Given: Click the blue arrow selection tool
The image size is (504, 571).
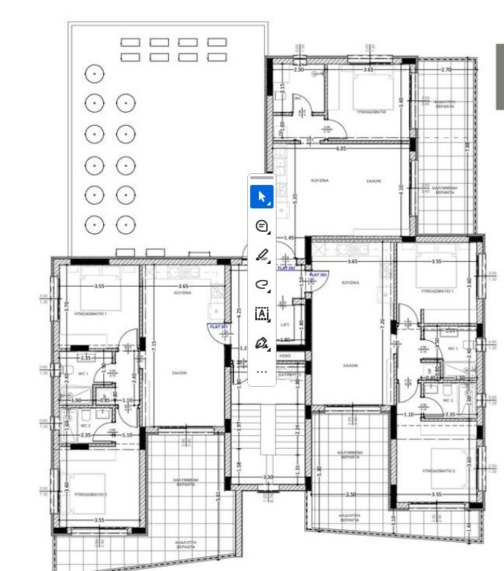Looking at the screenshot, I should point(262,197).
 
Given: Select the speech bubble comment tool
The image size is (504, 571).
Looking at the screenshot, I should point(262,226).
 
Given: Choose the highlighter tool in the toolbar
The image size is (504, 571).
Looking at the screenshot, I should point(262,255).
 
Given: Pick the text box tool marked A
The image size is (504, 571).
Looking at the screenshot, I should point(262,314).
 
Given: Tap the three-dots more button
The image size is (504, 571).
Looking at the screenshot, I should point(262,371).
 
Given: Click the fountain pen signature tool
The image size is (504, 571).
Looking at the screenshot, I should point(262,343).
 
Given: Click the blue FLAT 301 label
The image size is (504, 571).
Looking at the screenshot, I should point(219,327).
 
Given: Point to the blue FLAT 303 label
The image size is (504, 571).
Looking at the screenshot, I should point(318,275).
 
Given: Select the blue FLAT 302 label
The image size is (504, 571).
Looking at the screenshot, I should point(286,268).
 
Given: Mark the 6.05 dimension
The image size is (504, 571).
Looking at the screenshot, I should point(341,148).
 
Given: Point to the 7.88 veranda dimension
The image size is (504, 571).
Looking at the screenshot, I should point(467,145).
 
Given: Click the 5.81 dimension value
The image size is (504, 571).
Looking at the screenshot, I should point(218,495).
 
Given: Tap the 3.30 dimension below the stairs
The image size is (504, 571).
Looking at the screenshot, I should point(268,477).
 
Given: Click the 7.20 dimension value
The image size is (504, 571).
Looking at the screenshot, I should point(381,322).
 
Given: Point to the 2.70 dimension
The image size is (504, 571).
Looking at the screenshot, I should point(446,69).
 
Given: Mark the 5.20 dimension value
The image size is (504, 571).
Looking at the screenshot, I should point(294,197).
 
